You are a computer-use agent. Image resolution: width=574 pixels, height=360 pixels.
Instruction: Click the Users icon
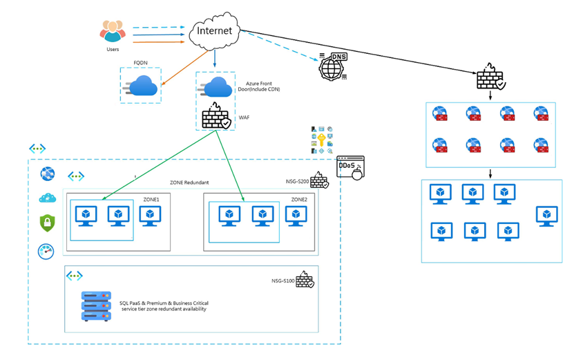(113, 32)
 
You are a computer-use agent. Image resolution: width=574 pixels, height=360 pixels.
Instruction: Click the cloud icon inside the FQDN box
(142, 87)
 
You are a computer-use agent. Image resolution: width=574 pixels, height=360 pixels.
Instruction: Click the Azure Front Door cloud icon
(218, 88)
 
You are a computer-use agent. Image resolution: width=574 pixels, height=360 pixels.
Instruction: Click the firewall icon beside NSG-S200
(319, 180)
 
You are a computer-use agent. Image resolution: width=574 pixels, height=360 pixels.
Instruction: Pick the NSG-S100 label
(283, 281)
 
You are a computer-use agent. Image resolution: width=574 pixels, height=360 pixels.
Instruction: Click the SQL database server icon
(97, 305)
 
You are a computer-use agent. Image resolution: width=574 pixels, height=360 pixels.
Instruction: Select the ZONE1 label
(151, 198)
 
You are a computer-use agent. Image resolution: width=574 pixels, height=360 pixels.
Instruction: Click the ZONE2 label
(299, 198)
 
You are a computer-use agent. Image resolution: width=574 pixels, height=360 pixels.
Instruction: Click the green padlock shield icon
(48, 223)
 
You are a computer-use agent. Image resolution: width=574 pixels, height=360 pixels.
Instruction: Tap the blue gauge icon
(46, 250)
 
